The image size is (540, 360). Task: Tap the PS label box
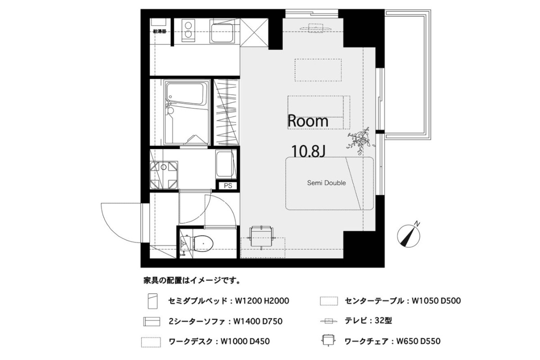click(x=228, y=186)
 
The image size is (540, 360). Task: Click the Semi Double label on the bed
click(x=326, y=183)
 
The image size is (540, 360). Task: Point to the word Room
click(x=308, y=121)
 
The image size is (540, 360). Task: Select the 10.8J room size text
click(x=308, y=151)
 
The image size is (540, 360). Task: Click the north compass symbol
click(x=409, y=235)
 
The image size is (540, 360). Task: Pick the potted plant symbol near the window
click(x=360, y=140)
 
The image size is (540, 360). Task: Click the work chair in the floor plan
click(x=261, y=236)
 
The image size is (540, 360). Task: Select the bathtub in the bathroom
click(x=187, y=94)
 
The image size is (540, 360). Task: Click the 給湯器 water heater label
click(x=160, y=31)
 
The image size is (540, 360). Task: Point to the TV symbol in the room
click(x=316, y=28)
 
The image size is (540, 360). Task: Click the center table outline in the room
click(x=318, y=70)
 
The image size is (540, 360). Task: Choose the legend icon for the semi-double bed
click(x=153, y=301)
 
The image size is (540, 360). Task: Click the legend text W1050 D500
click(x=436, y=301)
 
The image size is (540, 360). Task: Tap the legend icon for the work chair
click(x=328, y=341)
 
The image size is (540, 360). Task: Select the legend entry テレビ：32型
click(x=369, y=321)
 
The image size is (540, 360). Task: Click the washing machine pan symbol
click(x=164, y=175)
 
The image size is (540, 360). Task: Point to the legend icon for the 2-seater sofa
click(x=152, y=321)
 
